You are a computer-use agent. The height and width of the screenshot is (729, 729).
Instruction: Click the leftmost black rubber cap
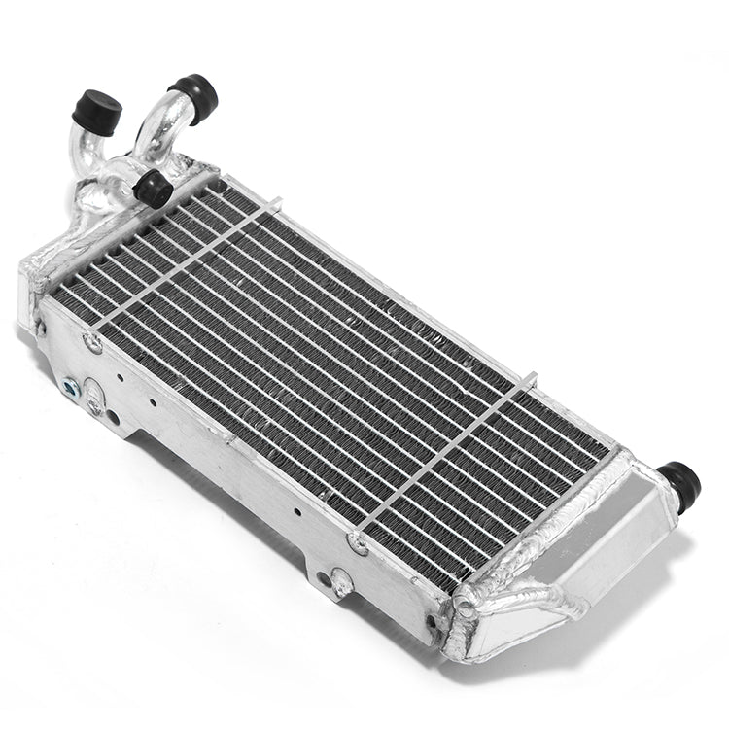pos(97,110)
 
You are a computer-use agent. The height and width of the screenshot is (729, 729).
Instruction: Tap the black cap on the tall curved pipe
pos(198,95)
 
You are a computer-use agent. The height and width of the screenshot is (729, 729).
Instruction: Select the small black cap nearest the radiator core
pos(154,188)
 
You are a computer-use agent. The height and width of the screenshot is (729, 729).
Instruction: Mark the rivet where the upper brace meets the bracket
pos(93,341)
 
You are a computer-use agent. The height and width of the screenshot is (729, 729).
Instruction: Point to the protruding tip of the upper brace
pos(276,202)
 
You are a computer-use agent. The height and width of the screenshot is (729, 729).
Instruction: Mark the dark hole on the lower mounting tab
pos(341,587)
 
